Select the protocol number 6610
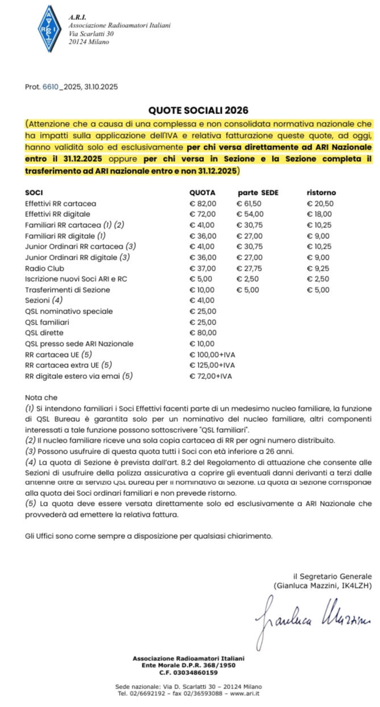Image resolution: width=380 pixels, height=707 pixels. pos(51,86)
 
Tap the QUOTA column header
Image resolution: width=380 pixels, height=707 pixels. pos(203,192)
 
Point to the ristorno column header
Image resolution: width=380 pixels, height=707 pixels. pos(321,192)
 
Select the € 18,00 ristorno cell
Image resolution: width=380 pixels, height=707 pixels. pos(320,214)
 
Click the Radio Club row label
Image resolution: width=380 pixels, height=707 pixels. pos(44,268)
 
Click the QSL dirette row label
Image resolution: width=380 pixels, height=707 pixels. pos(44,333)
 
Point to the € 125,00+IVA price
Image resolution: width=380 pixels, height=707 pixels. pos(212,365)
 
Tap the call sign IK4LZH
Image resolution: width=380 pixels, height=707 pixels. pos(354,585)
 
